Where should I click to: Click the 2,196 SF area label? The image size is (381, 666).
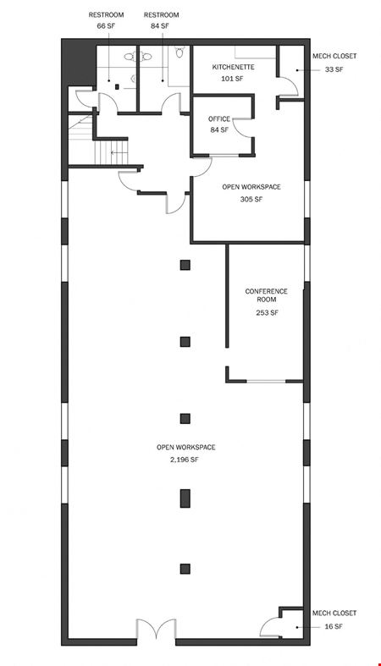(185, 460)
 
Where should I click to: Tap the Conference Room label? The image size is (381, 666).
(267, 295)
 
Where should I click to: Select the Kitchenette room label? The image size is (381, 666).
(233, 67)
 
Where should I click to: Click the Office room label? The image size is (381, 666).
(219, 119)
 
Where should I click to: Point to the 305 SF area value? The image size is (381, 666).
(251, 199)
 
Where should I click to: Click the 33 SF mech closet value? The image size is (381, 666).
(334, 69)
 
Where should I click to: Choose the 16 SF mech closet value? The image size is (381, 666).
(334, 626)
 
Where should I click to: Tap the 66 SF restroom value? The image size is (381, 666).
(106, 25)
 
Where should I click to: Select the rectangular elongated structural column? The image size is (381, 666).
(185, 498)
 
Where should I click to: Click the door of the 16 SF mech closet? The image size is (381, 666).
(270, 627)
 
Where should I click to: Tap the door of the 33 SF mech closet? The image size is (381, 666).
(288, 86)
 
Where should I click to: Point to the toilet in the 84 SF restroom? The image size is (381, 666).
(179, 52)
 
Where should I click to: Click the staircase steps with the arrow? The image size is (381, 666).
(111, 152)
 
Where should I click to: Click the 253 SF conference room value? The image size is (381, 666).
(267, 312)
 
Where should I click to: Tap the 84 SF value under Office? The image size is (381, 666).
(219, 130)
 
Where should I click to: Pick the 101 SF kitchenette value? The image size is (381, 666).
(232, 79)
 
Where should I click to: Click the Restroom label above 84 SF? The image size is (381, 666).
(162, 15)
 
